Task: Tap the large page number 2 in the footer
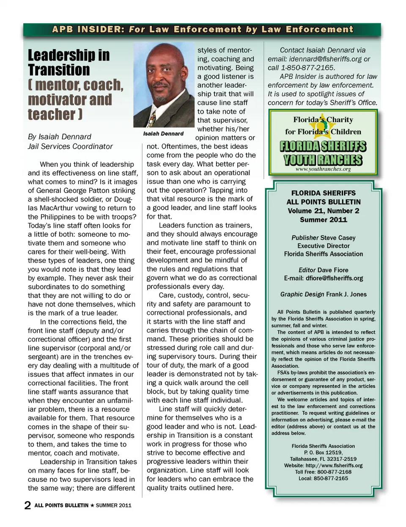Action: [x=27, y=505]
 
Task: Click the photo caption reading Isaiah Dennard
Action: [x=163, y=134]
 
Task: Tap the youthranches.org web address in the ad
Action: [x=323, y=169]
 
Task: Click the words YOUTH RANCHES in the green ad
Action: [x=323, y=160]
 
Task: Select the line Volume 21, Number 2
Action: [x=323, y=211]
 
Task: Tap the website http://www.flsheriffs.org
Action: [x=334, y=465]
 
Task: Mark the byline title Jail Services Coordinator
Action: [x=70, y=146]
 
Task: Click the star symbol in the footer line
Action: [x=92, y=505]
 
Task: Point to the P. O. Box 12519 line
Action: [x=323, y=453]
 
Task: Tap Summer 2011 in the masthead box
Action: [x=323, y=220]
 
